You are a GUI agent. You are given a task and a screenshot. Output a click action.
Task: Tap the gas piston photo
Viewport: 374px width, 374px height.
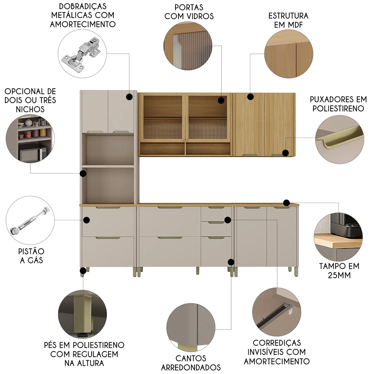(30, 220)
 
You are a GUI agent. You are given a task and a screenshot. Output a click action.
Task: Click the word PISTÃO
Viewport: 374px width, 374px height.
(31, 251)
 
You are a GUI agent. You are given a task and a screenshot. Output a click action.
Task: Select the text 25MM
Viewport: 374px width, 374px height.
(339, 275)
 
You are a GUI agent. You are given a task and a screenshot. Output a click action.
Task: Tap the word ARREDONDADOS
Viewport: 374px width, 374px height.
(191, 367)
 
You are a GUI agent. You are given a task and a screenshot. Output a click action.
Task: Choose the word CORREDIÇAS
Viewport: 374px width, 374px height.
(277, 343)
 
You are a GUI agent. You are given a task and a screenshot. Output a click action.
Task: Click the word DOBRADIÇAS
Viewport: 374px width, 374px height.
(83, 6)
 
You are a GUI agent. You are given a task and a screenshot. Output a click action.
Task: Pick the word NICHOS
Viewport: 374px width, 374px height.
(30, 109)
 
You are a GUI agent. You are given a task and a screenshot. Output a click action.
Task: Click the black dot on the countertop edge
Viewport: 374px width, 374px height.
(286, 203)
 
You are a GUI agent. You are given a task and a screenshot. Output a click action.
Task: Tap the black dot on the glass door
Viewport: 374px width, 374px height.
(221, 100)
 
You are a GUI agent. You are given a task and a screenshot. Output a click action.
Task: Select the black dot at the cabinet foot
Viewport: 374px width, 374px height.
(83, 271)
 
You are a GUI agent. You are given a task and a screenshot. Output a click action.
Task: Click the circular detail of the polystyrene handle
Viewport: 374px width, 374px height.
(340, 140)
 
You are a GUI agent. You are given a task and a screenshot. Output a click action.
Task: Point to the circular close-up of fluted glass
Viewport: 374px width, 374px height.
(188, 46)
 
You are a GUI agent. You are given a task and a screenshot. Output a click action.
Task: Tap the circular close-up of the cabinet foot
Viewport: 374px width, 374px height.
(82, 314)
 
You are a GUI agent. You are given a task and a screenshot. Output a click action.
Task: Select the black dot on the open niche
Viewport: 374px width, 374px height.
(83, 174)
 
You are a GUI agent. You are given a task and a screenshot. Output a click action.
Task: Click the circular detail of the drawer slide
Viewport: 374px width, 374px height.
(277, 312)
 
